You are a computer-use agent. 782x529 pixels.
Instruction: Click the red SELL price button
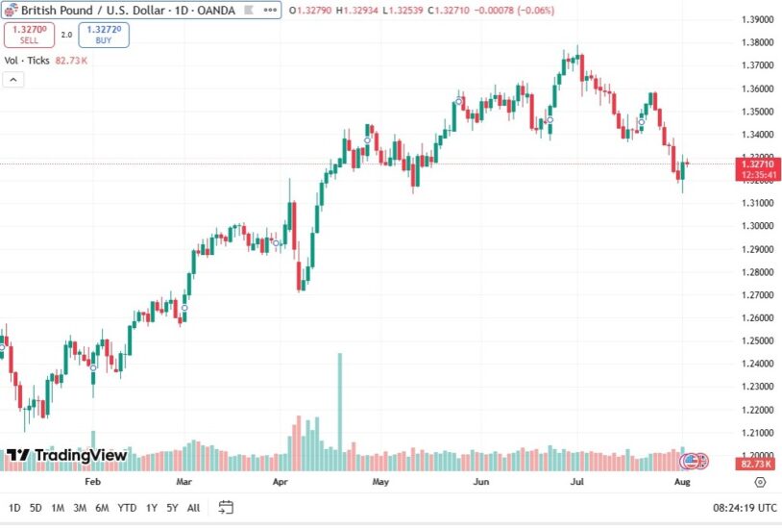[28, 35]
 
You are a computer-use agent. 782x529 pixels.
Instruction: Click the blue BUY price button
[103, 35]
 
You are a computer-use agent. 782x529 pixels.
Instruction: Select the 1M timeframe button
[58, 507]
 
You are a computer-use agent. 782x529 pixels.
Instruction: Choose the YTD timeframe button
[127, 507]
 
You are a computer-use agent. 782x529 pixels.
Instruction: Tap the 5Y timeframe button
[172, 507]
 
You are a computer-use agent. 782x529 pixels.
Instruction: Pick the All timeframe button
[193, 507]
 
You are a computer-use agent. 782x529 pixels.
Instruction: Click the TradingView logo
[66, 455]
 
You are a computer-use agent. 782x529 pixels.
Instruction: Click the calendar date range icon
[226, 507]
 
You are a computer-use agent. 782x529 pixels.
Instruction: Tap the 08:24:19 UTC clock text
[745, 507]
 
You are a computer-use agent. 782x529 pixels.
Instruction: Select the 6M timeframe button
[103, 507]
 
